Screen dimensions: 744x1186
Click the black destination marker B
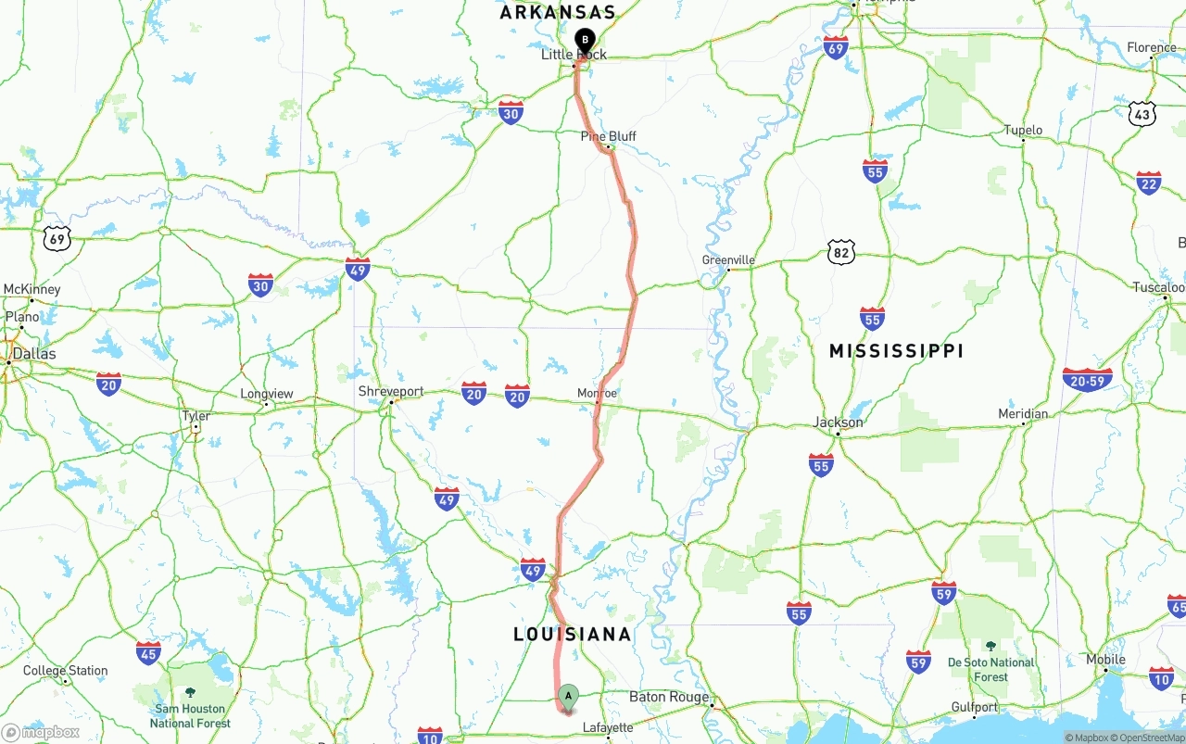tap(585, 40)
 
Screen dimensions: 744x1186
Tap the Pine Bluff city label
tap(608, 136)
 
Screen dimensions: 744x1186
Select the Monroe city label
tap(597, 393)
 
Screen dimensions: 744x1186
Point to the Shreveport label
tap(391, 391)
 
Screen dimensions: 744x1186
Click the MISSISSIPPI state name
tap(896, 351)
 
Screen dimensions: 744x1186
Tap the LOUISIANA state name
tap(573, 635)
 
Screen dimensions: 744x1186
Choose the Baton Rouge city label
tap(669, 697)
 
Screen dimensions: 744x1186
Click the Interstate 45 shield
tap(148, 651)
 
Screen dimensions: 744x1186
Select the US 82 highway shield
tap(841, 251)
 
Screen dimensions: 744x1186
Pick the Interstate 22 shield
tap(1149, 183)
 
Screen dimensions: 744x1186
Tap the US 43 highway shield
tap(1142, 114)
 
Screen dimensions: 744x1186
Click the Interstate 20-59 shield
tap(1087, 379)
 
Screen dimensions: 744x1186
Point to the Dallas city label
tap(34, 354)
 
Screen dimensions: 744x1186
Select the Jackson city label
tap(838, 422)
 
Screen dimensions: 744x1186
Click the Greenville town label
tap(728, 260)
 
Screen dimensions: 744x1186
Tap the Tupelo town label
tap(1023, 131)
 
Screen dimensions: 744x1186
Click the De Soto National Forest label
tap(990, 669)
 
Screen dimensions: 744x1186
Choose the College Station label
tap(65, 671)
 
